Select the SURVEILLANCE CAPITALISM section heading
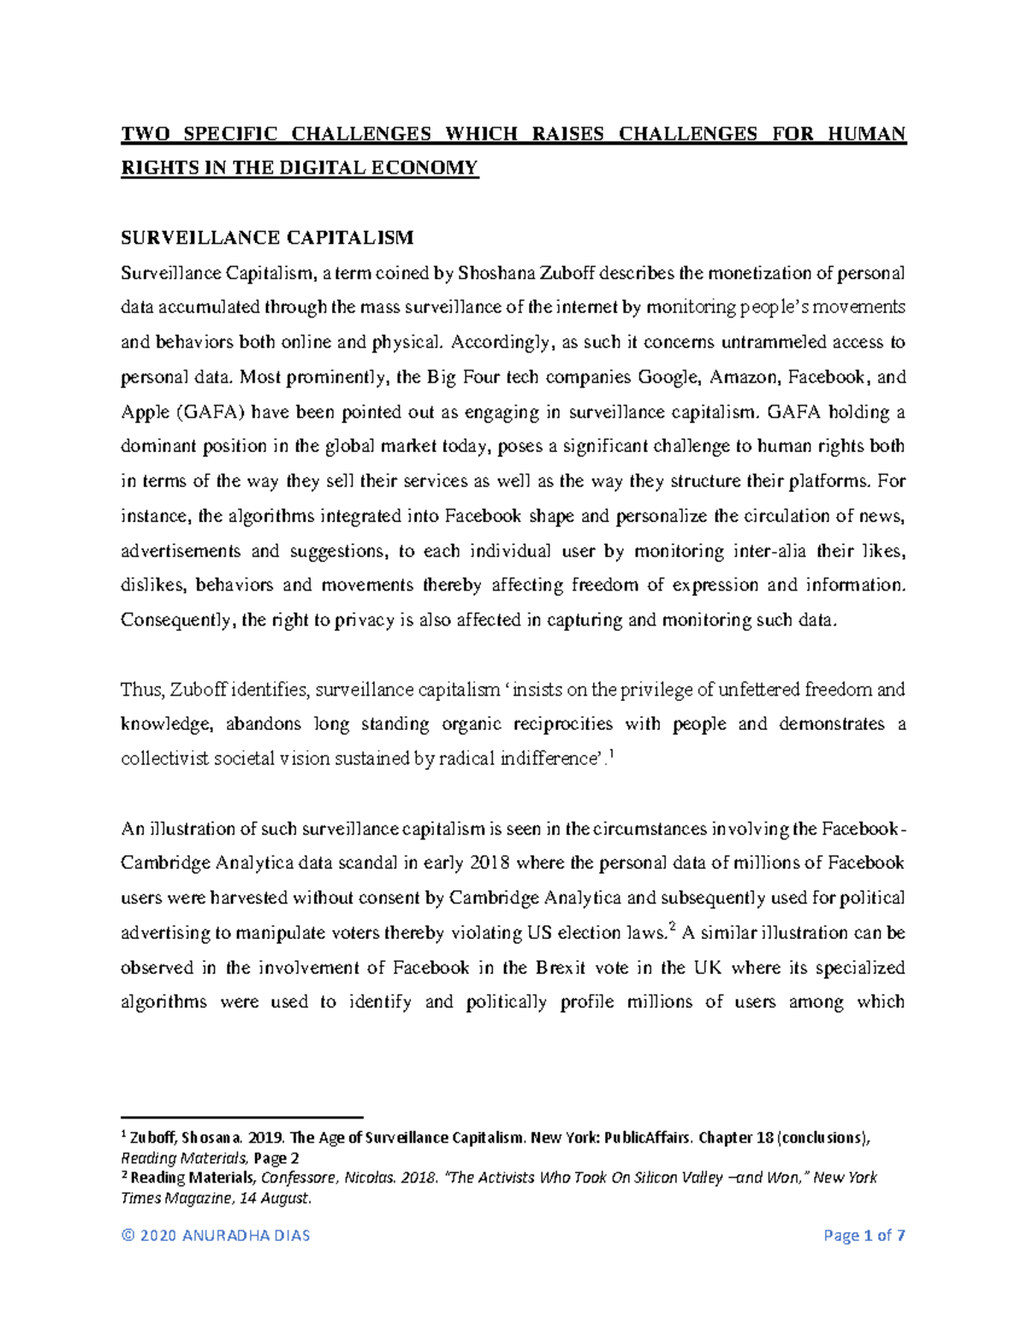click(x=267, y=237)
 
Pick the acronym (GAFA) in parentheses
click(x=211, y=412)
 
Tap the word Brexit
click(x=561, y=968)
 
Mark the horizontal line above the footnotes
click(x=242, y=1118)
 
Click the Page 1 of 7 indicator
click(x=864, y=1235)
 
